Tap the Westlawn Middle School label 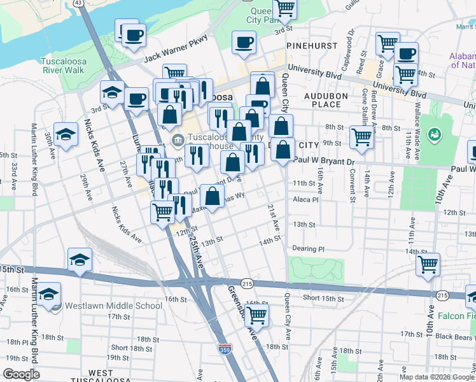point(113,305)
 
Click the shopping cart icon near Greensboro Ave point(256,315)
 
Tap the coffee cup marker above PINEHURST point(244,43)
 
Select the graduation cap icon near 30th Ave point(66,134)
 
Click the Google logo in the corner point(21,374)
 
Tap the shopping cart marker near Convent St point(361,137)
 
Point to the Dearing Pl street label point(308,249)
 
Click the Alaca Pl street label point(305,199)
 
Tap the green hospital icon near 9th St point(435,134)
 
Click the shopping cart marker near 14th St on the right point(427,263)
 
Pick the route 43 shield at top point(78,3)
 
